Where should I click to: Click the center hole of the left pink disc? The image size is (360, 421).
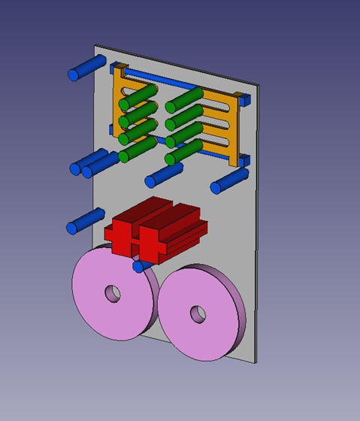(112, 292)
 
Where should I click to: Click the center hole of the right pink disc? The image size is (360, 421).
(198, 313)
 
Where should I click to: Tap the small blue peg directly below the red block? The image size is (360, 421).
(138, 265)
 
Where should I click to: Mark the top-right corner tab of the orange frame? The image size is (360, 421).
(241, 98)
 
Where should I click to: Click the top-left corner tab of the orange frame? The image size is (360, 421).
(118, 68)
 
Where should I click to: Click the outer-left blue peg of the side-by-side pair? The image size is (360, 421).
(79, 167)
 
